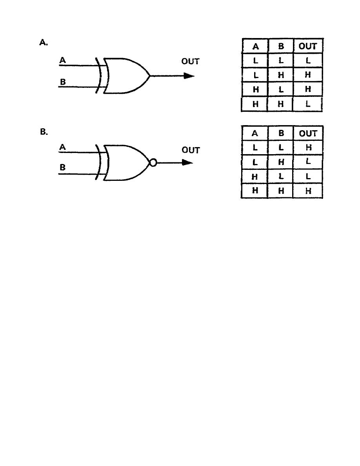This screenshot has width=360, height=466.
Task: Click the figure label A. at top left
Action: (44, 42)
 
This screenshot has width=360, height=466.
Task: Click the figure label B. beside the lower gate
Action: (44, 132)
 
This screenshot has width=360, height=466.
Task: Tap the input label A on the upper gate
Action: (62, 60)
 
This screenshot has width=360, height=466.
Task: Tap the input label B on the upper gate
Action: (63, 82)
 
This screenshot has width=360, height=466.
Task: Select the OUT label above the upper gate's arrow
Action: (191, 62)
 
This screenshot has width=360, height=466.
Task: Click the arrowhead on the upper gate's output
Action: (189, 76)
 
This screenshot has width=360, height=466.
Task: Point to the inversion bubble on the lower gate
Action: (153, 162)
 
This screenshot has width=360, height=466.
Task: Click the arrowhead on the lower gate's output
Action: (188, 162)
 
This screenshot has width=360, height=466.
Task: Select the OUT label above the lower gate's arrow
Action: (191, 150)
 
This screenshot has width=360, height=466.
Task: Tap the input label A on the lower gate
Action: (62, 147)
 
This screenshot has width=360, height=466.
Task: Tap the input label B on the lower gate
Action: (62, 167)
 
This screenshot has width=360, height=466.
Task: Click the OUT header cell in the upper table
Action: (308, 46)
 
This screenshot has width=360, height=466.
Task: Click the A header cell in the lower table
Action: (255, 133)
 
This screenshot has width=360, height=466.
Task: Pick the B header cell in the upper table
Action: (281, 46)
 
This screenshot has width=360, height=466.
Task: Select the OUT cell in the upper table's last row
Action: (307, 104)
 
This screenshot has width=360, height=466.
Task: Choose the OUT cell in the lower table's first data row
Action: (308, 147)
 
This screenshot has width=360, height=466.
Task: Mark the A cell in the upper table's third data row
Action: (255, 89)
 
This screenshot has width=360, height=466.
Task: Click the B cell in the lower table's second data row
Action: (281, 162)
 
